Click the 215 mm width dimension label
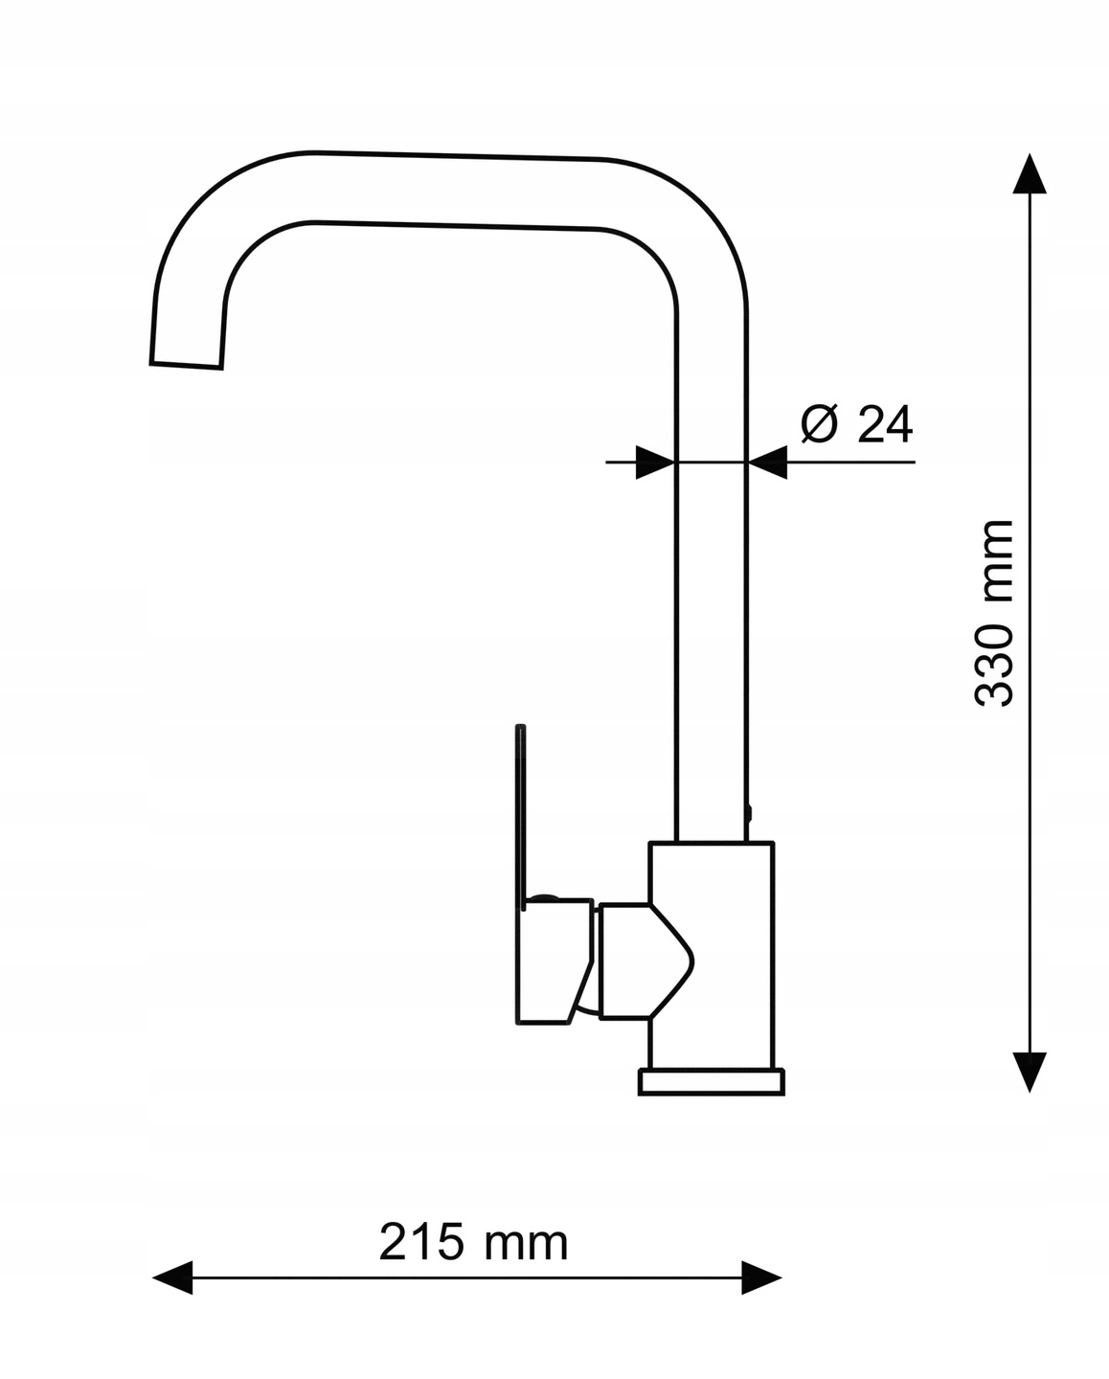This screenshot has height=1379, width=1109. point(473,1242)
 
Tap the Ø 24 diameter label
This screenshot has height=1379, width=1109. point(856,424)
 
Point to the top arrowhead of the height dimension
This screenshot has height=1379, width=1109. point(1030,174)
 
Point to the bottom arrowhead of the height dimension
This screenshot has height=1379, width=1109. point(1030,1071)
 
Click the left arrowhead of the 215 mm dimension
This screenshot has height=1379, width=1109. point(173,1277)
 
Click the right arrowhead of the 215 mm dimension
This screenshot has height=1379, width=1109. point(762,1277)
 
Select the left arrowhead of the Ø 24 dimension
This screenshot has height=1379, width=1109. point(656,463)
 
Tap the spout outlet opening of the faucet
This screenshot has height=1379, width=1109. point(188,365)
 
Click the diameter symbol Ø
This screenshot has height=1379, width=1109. point(820,424)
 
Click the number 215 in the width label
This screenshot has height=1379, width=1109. point(420,1242)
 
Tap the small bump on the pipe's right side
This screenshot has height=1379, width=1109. point(749,814)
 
